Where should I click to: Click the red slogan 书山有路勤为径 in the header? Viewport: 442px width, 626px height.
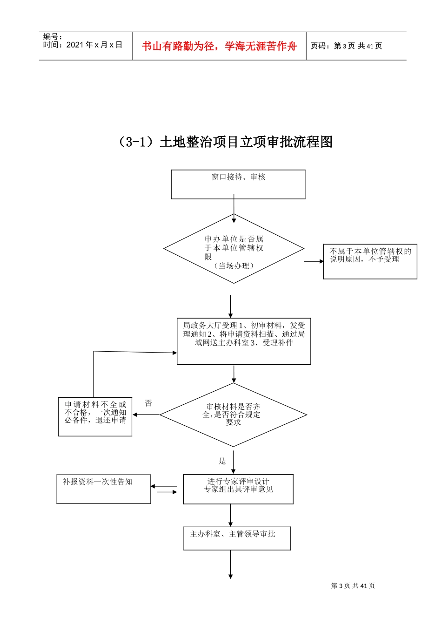click(219, 46)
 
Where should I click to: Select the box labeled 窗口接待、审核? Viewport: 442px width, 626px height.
click(238, 184)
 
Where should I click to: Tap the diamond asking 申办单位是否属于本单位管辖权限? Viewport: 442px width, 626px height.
click(234, 249)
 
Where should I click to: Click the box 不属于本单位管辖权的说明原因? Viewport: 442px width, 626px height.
click(370, 261)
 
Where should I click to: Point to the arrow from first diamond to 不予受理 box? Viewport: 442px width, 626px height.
click(314, 261)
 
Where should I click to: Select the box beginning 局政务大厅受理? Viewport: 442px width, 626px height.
click(244, 341)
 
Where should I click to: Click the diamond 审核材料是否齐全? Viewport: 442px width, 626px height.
click(233, 415)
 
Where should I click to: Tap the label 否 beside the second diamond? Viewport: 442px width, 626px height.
click(148, 403)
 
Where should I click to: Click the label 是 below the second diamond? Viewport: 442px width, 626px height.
click(222, 461)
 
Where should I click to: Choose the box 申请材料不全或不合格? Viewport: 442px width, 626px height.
click(95, 416)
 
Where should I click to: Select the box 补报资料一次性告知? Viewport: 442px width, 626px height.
click(103, 489)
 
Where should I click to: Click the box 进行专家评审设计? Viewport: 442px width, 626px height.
click(238, 489)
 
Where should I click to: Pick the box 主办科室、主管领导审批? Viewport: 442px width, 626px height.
click(237, 538)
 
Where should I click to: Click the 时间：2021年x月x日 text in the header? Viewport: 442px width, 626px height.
click(83, 45)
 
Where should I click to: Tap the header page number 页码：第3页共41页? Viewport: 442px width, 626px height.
click(347, 46)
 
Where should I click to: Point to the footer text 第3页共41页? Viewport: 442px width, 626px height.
click(353, 586)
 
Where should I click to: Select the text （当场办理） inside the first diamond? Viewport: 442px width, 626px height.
click(234, 266)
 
